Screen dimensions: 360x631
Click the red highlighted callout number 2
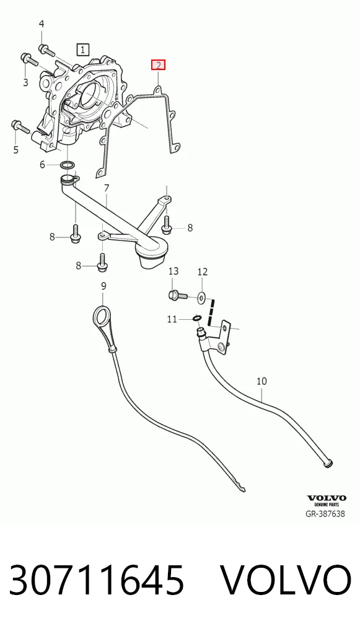[158, 65]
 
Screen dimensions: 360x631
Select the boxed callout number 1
[83, 50]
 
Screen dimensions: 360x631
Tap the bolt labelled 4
[46, 50]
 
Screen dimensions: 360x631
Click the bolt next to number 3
[29, 60]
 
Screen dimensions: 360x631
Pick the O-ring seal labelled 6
[68, 165]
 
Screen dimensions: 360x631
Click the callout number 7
[107, 188]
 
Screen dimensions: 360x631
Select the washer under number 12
[201, 298]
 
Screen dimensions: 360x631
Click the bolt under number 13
[177, 295]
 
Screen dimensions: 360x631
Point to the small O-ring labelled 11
[196, 319]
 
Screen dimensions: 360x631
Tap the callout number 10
[261, 381]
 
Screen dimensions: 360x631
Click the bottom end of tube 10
[328, 464]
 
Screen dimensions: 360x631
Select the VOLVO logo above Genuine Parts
[326, 498]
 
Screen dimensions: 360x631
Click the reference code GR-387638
[325, 514]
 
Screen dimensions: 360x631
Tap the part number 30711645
[97, 580]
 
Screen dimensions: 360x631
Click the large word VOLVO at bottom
[286, 580]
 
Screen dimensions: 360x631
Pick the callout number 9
[103, 286]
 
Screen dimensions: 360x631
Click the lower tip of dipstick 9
[244, 490]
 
